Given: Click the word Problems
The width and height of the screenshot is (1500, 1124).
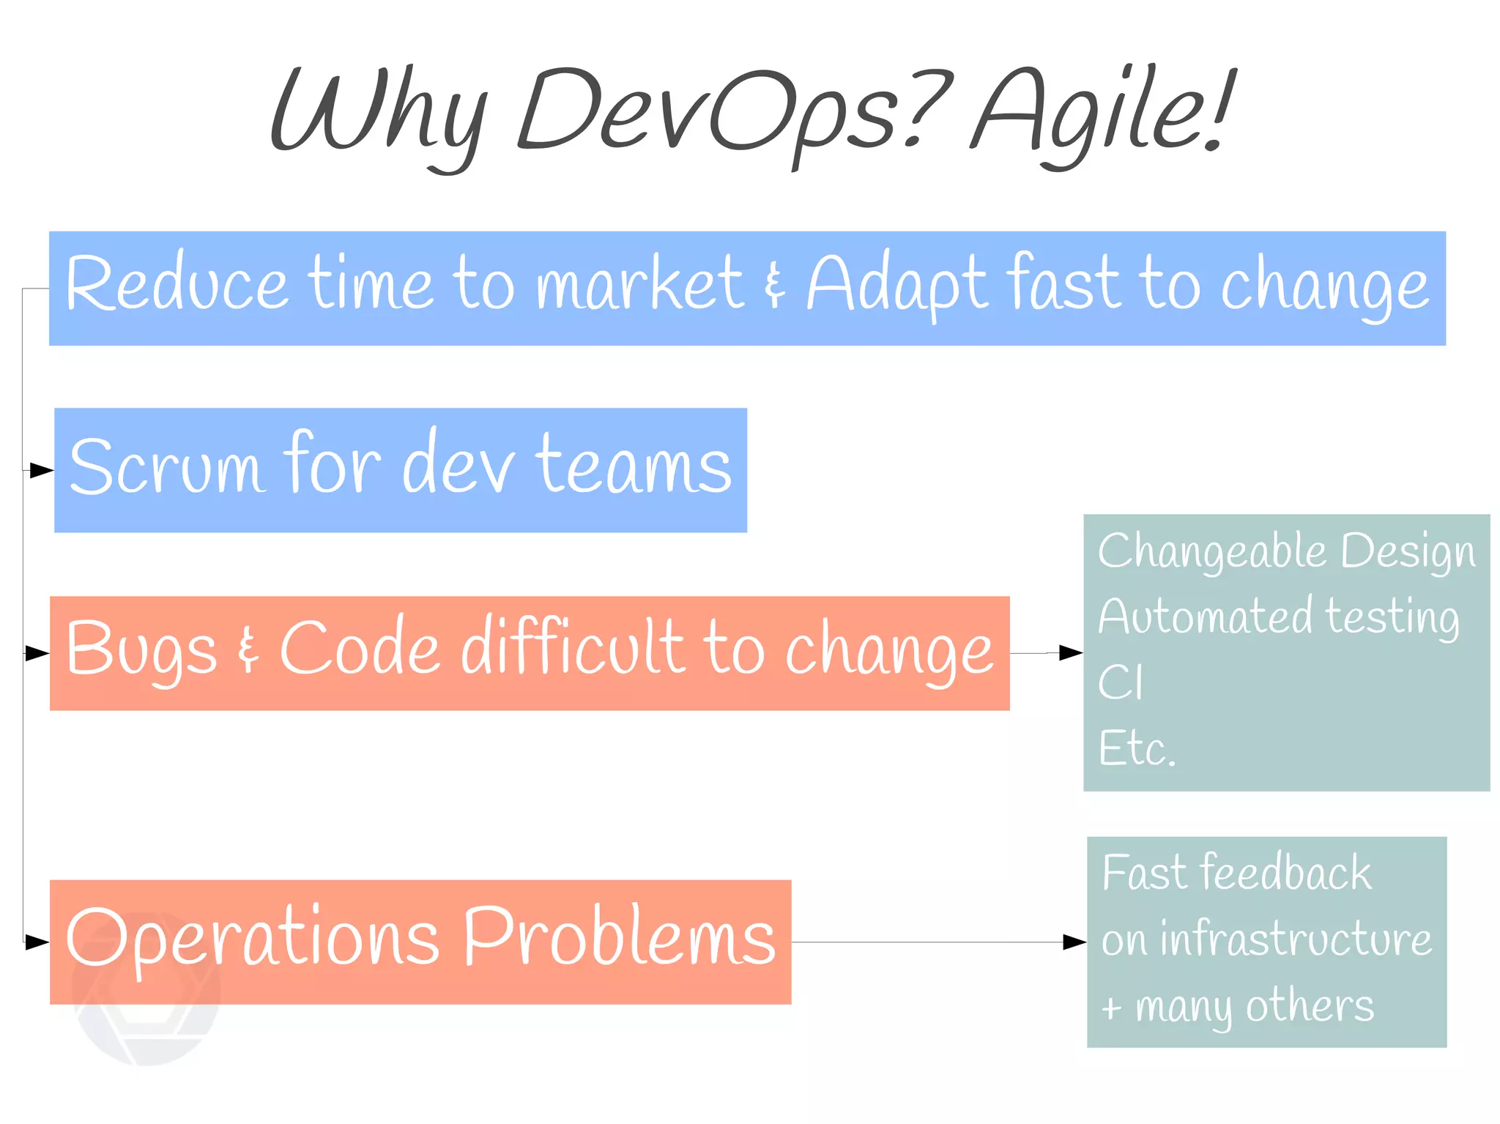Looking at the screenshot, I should [620, 937].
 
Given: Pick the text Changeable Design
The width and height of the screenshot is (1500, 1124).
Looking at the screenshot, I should [1286, 551].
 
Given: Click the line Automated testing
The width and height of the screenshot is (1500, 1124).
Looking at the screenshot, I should [1279, 617].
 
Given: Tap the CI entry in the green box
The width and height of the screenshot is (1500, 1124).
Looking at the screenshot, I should [1120, 682].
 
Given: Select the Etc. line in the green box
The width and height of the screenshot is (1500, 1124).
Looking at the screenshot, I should [1137, 748].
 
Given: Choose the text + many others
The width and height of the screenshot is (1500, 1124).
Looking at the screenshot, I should [1238, 1006].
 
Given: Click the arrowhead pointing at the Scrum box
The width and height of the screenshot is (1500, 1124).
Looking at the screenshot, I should [42, 471].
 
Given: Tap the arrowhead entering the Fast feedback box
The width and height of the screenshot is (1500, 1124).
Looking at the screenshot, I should [1074, 942].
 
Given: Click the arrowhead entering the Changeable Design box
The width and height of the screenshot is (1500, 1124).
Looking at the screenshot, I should [1071, 652].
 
